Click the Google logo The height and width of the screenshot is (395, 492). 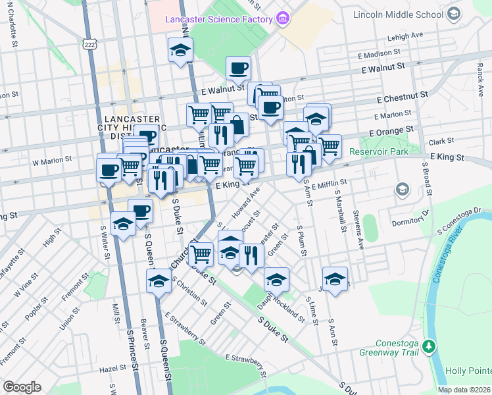pyautogui.click(x=22, y=387)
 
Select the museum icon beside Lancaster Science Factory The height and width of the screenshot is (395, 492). pyautogui.click(x=283, y=18)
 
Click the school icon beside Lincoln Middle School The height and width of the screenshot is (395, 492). pyautogui.click(x=453, y=14)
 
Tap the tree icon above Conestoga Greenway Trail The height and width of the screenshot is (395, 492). pyautogui.click(x=429, y=346)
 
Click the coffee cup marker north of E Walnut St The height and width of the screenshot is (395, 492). pyautogui.click(x=238, y=67)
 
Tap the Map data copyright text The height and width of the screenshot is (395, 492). pyautogui.click(x=464, y=390)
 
